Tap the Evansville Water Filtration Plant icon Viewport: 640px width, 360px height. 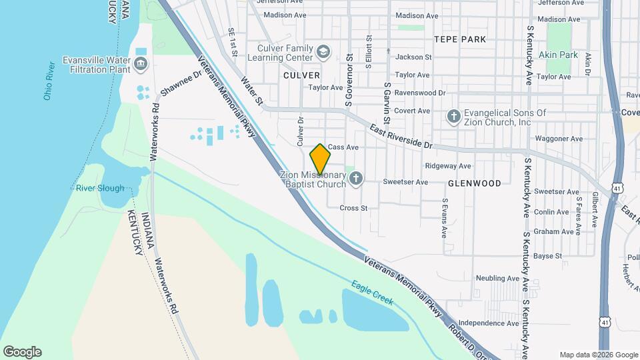point(140,64)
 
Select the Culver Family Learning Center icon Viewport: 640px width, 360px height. point(323,52)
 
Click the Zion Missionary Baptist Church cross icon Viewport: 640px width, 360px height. point(356,178)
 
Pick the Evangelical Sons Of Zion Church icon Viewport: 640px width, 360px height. point(453,117)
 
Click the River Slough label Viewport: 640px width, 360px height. point(100,188)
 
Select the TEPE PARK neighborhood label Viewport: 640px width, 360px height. point(460,39)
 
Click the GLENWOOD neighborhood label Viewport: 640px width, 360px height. point(474,183)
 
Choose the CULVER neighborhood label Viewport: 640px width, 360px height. point(301,75)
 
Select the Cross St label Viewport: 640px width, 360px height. point(353,208)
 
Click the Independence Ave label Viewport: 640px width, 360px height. point(489,323)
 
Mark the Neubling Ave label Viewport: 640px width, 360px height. point(497,278)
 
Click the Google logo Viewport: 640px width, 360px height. point(22,352)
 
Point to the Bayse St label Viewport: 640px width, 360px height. point(548,255)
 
